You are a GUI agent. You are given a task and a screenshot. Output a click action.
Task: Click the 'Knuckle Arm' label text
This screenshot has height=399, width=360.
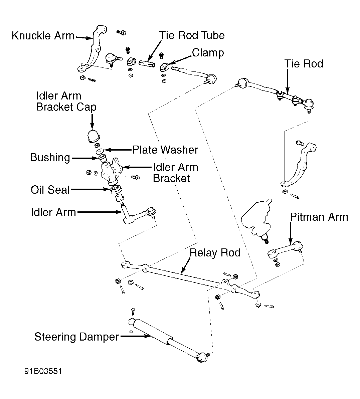click(x=43, y=36)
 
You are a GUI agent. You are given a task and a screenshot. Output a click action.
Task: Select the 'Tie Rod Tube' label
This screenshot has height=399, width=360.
click(x=192, y=35)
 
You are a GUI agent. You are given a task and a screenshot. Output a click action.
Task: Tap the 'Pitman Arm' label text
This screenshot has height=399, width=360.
click(x=319, y=217)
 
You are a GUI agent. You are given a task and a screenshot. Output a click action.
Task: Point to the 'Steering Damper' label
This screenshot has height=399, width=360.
click(x=76, y=337)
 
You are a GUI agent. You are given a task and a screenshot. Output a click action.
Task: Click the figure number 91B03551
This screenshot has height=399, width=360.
click(x=43, y=371)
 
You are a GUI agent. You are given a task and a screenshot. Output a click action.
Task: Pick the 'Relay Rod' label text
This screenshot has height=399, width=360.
click(x=215, y=253)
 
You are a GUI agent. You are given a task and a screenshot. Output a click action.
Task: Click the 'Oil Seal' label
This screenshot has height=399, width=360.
click(x=50, y=190)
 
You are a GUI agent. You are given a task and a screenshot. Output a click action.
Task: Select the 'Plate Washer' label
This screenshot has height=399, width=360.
click(x=165, y=150)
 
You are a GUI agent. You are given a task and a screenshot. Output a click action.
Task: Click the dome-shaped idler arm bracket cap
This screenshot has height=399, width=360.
click(x=94, y=137)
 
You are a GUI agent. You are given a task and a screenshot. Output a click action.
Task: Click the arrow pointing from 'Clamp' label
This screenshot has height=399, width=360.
click(x=180, y=59)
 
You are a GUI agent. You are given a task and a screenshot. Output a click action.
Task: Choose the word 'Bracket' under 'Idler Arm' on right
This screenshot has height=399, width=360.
click(x=171, y=178)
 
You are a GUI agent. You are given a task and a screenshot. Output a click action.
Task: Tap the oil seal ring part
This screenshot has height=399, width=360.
click(x=116, y=190)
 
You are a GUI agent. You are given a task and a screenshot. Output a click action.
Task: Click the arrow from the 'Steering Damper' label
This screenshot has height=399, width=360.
click(x=135, y=336)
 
